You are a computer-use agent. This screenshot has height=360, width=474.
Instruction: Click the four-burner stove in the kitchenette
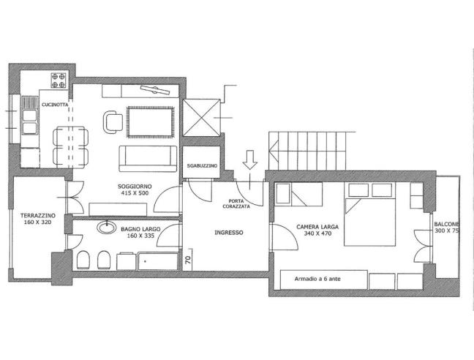59,80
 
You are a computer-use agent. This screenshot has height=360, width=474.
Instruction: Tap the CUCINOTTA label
55,105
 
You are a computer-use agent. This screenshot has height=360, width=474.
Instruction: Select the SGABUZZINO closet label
202,166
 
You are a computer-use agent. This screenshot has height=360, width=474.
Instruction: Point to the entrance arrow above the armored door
249,160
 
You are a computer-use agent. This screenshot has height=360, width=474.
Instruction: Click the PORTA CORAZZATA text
236,203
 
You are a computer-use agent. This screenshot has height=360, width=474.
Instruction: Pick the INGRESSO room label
228,233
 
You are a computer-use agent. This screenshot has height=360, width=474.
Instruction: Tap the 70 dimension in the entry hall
188,260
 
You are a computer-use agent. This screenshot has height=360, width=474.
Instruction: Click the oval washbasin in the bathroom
106,228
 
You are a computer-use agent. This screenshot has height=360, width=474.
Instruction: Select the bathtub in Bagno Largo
158,261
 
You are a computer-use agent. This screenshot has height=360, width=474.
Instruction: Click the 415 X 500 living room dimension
135,193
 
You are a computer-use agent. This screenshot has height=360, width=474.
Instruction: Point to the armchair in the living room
113,122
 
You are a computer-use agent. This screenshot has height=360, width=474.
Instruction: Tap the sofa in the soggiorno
148,159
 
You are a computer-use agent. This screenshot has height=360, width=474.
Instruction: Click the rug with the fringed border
151,122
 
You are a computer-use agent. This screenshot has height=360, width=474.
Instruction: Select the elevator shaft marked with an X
202,118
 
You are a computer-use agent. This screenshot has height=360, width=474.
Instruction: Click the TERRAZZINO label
38,216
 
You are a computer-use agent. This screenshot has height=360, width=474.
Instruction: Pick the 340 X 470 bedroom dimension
317,233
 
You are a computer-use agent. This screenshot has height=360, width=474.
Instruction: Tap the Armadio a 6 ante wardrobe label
317,279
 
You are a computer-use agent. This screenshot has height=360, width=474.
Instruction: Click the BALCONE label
447,225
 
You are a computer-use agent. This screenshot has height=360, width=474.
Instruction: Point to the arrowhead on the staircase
274,149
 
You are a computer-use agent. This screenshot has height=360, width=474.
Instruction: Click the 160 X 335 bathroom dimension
140,236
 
